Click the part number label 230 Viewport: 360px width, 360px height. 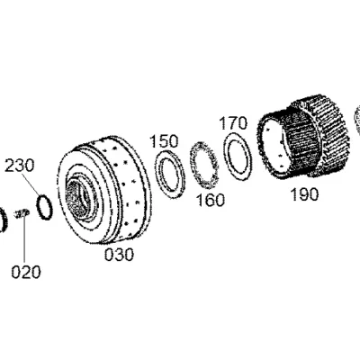[20, 166]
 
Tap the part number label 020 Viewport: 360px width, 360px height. [26, 272]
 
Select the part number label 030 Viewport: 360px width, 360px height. [119, 255]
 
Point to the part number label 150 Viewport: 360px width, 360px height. [164, 141]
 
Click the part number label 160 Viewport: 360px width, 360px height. [210, 200]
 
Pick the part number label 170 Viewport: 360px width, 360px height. [233, 123]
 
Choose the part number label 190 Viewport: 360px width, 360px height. [304, 194]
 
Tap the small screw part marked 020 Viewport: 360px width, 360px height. [22, 213]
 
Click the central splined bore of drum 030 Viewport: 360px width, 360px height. [78, 197]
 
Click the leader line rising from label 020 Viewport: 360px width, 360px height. [24, 239]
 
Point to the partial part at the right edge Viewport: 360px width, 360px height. [357, 118]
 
